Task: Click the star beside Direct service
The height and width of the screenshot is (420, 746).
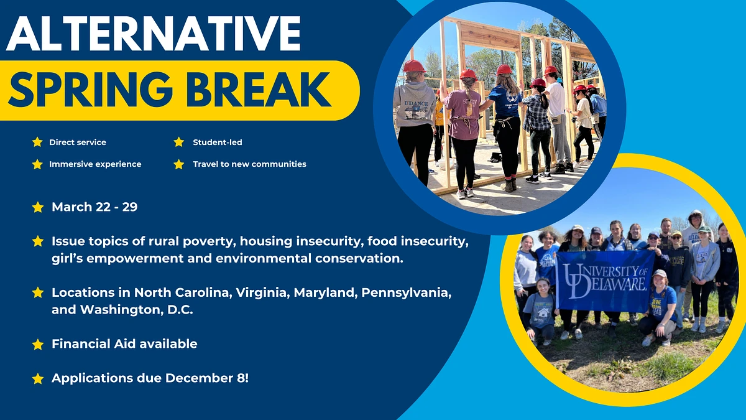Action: pyautogui.click(x=37, y=142)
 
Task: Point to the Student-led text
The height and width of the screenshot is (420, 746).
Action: pyautogui.click(x=217, y=142)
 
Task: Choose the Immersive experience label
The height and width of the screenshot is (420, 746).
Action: pyautogui.click(x=95, y=164)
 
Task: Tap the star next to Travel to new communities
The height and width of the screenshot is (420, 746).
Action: pyautogui.click(x=179, y=164)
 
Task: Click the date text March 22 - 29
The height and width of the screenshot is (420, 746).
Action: pyautogui.click(x=94, y=207)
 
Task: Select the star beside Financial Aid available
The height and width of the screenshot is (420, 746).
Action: pyautogui.click(x=38, y=344)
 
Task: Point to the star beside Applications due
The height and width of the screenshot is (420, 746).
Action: pyautogui.click(x=38, y=378)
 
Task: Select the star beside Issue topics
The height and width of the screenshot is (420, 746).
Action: pyautogui.click(x=38, y=241)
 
